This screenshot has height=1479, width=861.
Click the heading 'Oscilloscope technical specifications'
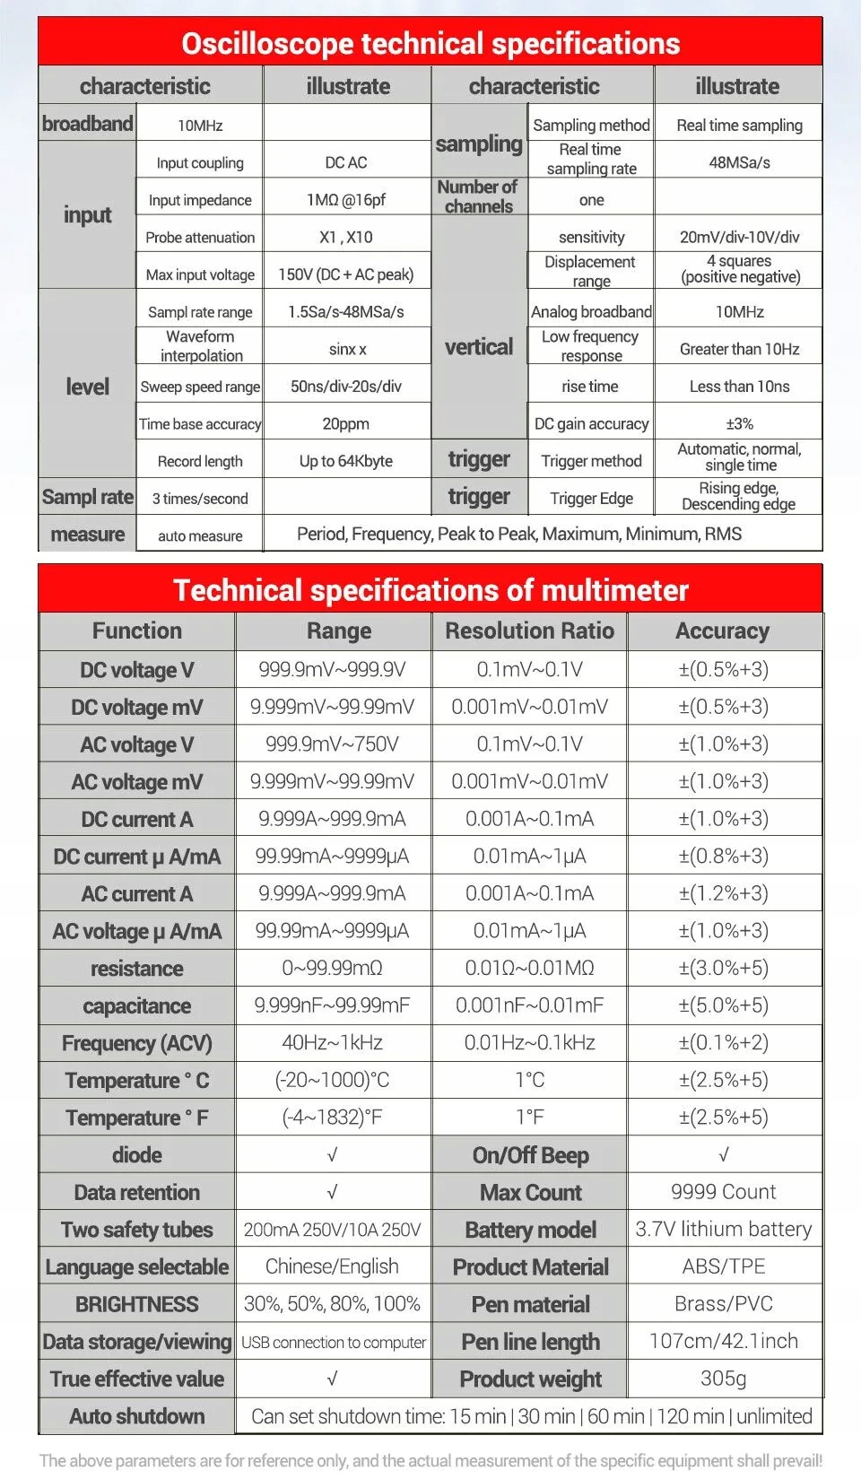(430, 43)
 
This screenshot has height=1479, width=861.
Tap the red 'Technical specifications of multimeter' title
(430, 589)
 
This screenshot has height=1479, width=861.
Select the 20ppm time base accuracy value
(346, 423)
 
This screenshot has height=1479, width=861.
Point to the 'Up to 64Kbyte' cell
(346, 461)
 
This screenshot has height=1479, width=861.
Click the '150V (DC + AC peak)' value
(346, 274)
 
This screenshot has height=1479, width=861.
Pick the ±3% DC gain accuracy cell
(739, 423)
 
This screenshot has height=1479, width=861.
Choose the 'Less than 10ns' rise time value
(739, 387)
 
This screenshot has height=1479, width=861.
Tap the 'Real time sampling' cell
(739, 126)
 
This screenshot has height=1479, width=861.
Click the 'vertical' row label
(479, 347)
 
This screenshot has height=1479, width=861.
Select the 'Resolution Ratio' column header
(529, 631)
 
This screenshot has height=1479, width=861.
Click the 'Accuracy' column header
(723, 631)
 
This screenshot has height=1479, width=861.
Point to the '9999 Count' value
(723, 1192)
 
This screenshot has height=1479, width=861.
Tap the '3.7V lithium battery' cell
(723, 1229)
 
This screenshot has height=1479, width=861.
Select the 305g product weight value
(723, 1378)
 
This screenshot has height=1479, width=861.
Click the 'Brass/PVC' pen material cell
(723, 1303)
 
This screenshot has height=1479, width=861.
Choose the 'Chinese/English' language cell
(332, 1266)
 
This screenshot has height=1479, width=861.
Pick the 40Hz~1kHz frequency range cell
(332, 1042)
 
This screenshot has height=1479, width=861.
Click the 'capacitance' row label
(136, 1005)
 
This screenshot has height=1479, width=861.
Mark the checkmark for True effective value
(332, 1379)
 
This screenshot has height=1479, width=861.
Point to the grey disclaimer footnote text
(430, 1460)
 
